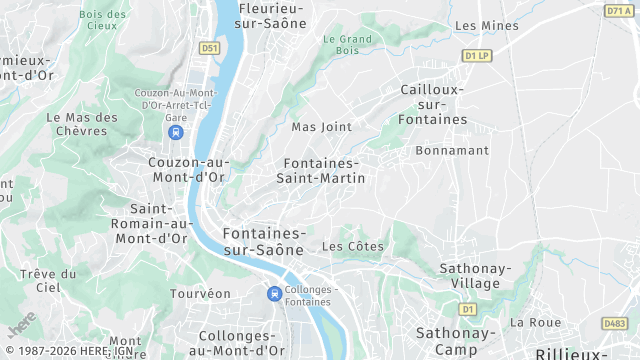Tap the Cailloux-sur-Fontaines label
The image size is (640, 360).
click(433, 104)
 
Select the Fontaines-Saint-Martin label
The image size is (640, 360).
click(324, 170)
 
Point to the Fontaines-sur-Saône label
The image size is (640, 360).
click(262, 241)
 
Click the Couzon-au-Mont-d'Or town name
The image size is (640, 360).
click(187, 170)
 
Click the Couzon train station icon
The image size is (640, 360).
click(176, 132)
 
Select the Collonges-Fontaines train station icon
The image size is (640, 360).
click(273, 293)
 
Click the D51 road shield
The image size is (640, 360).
click(209, 47)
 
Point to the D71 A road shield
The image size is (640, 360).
click(619, 10)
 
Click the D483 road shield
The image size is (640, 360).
click(615, 324)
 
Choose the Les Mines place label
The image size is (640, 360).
click(480, 25)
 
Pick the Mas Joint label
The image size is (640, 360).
click(321, 127)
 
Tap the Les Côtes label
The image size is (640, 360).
click(354, 246)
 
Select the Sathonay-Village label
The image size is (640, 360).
click(475, 276)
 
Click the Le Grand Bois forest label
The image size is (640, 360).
click(347, 45)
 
